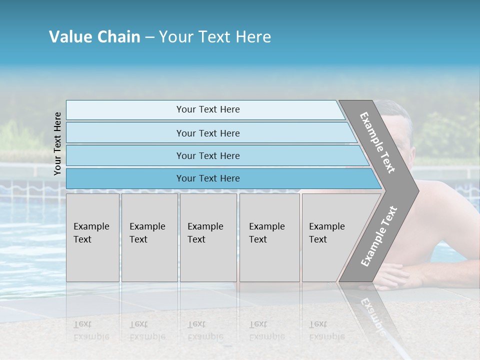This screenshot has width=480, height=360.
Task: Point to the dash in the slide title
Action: tap(149, 37)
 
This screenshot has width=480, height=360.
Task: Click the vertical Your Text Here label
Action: tap(57, 143)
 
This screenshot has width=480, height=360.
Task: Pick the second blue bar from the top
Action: tap(208, 133)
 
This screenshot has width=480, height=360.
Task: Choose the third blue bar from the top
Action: tap(208, 155)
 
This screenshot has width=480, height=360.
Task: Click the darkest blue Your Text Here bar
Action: tap(208, 178)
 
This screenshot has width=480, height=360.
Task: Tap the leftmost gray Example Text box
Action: tap(92, 237)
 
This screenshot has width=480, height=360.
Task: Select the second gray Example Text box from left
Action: tap(149, 237)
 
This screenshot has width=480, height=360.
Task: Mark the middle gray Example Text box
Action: tap(208, 237)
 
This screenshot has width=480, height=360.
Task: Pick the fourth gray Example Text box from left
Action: tap(269, 237)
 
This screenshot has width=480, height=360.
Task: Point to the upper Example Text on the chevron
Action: tap(377, 142)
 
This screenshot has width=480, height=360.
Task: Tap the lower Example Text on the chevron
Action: tap(378, 236)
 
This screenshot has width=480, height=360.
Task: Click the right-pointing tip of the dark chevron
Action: tap(416, 190)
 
